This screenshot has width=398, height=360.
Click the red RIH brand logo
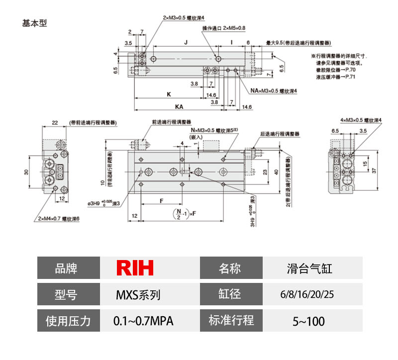[135, 269]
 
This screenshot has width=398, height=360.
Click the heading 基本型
[35, 23]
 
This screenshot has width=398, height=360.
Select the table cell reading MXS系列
[135, 295]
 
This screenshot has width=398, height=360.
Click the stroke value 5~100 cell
[308, 321]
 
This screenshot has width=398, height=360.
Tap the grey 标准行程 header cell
[231, 321]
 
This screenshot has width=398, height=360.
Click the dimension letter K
[169, 93]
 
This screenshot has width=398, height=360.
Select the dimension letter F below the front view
[162, 200]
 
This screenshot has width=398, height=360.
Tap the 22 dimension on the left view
[55, 123]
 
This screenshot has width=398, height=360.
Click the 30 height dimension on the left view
[26, 172]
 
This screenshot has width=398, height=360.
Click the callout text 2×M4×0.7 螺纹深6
[58, 218]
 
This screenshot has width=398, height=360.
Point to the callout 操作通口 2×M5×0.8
[224, 28]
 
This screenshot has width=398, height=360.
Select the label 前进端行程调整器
[172, 121]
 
